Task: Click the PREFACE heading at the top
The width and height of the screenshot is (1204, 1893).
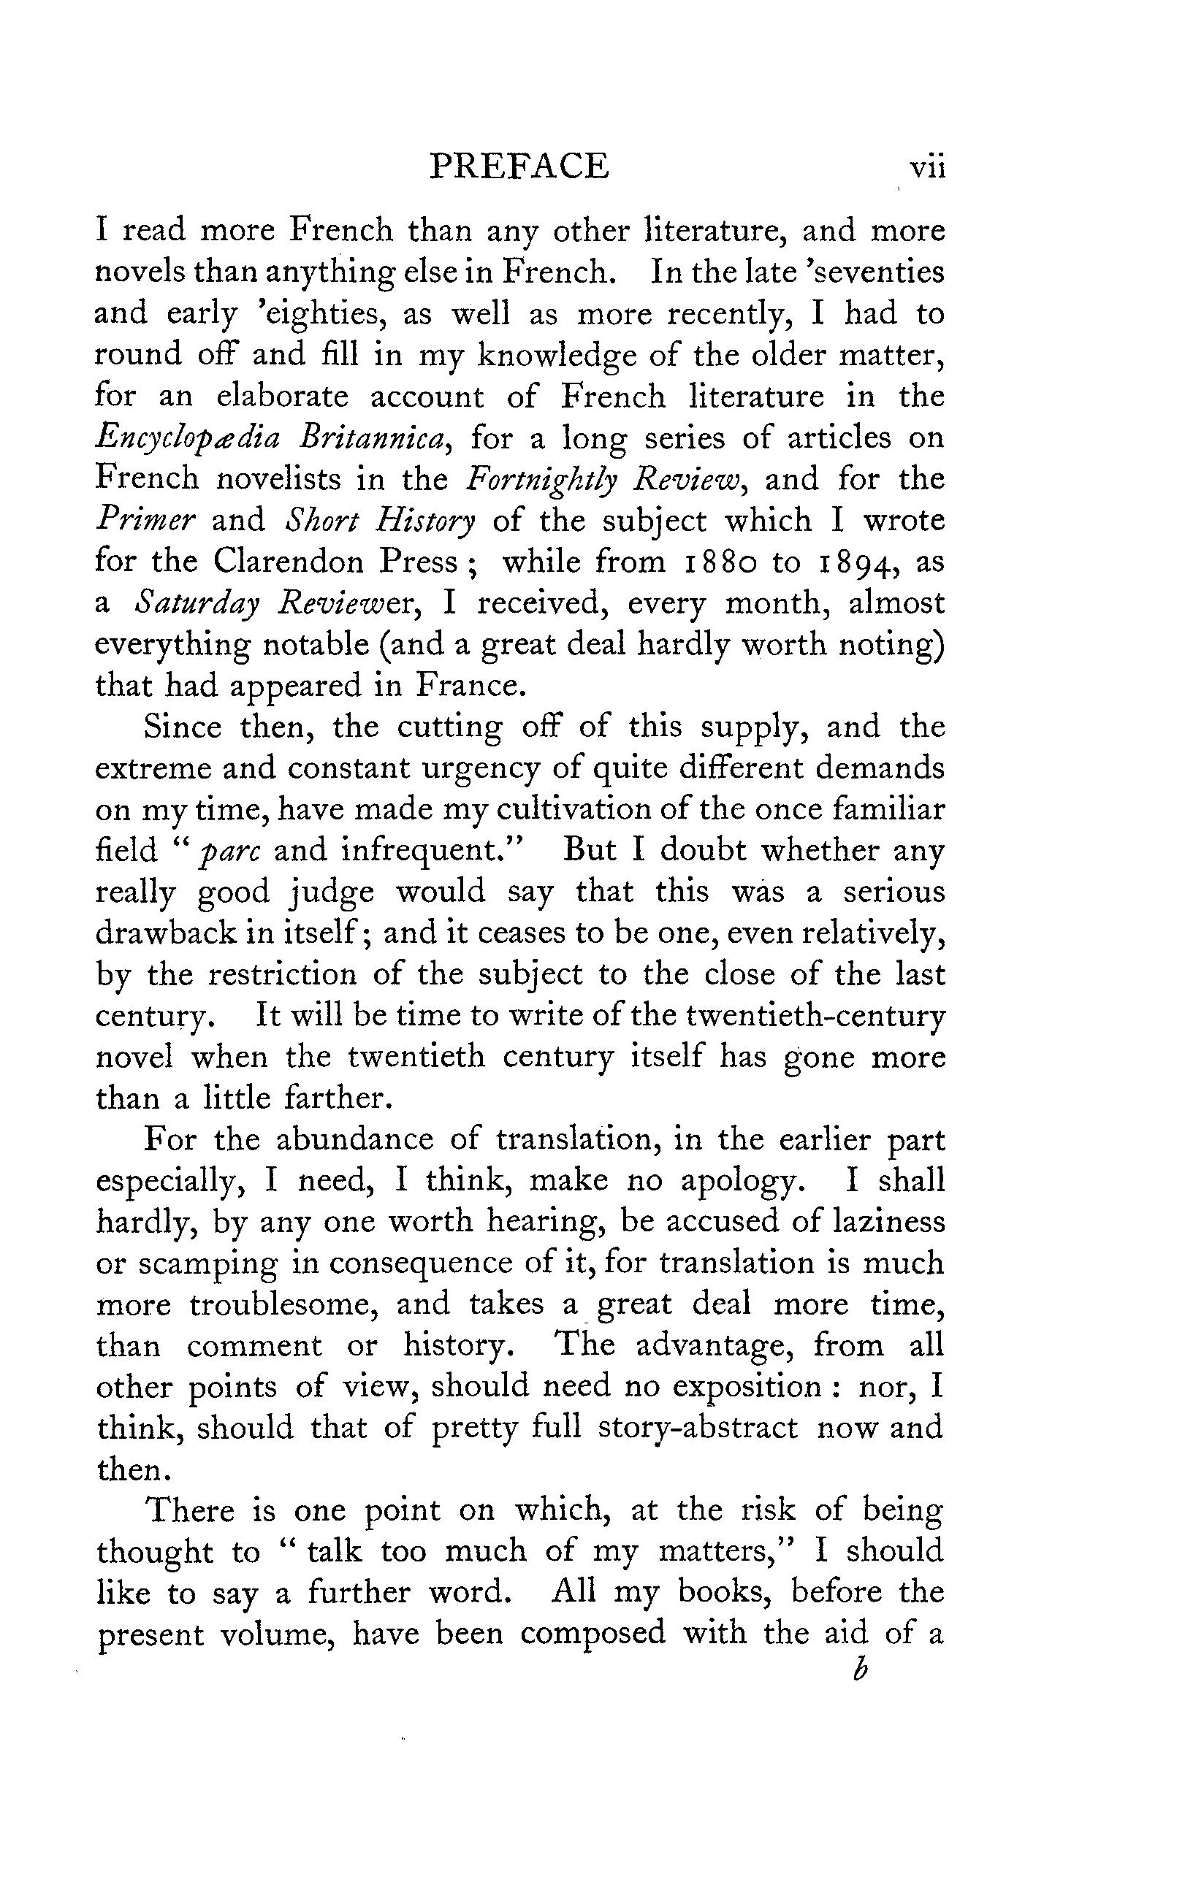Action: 519,167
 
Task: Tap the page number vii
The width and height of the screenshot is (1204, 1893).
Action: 926,168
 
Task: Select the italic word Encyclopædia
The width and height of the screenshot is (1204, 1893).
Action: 187,439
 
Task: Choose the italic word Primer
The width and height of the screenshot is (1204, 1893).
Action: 145,521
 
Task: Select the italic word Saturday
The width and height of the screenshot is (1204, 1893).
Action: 196,604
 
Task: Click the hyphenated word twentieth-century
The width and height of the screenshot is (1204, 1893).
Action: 815,1016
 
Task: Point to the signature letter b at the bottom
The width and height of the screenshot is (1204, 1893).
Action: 860,1669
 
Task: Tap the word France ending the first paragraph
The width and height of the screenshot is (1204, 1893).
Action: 469,686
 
